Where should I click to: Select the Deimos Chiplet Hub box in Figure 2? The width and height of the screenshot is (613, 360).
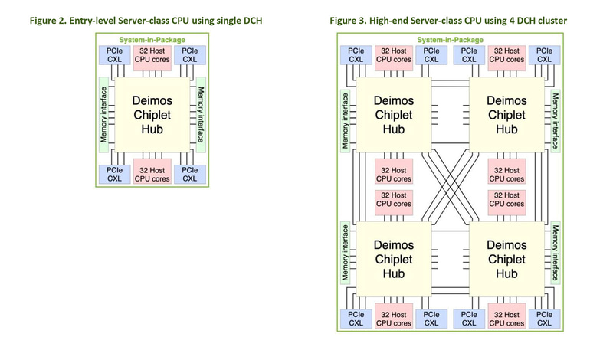(x=152, y=114)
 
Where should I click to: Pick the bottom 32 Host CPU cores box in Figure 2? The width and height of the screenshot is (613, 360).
(x=152, y=174)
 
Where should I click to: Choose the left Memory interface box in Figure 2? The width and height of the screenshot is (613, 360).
(x=103, y=114)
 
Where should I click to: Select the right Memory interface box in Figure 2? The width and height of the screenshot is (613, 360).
(x=201, y=114)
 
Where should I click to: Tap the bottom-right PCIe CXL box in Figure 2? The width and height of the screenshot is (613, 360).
(x=189, y=174)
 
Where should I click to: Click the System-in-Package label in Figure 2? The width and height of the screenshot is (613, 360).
(x=152, y=39)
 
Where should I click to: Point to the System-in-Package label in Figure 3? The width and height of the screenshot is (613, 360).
(x=450, y=39)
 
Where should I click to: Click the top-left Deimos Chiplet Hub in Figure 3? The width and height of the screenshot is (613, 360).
(x=394, y=115)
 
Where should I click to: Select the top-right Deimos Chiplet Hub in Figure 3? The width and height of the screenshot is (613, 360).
(x=506, y=115)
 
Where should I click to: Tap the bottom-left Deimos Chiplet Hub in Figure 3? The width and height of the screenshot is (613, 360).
(x=394, y=259)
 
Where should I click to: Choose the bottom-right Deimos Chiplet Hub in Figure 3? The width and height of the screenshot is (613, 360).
(x=506, y=259)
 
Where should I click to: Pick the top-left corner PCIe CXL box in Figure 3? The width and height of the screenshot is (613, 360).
(x=356, y=54)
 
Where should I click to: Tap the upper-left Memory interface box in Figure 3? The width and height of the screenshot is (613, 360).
(x=346, y=120)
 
